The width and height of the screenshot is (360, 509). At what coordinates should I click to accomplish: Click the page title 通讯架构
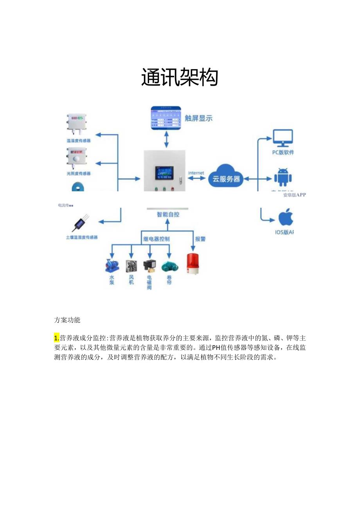coord(180,77)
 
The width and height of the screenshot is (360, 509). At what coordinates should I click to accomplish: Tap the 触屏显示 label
coord(199,118)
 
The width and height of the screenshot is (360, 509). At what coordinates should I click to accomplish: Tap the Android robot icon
coord(283,177)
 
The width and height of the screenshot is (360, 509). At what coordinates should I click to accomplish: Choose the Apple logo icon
coord(286,218)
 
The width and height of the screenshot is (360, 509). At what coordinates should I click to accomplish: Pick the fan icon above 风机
coord(131,266)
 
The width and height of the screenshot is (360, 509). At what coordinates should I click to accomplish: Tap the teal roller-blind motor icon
coord(169,266)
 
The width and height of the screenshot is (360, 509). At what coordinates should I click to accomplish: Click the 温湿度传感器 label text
coord(78,140)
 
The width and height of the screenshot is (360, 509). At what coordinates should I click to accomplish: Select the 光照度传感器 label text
coord(78,173)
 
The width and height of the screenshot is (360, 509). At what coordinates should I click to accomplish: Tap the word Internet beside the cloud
coord(196,173)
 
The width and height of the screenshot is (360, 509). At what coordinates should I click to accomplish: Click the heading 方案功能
coord(67,320)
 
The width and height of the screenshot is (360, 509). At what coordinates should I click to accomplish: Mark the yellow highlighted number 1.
coord(56,338)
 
